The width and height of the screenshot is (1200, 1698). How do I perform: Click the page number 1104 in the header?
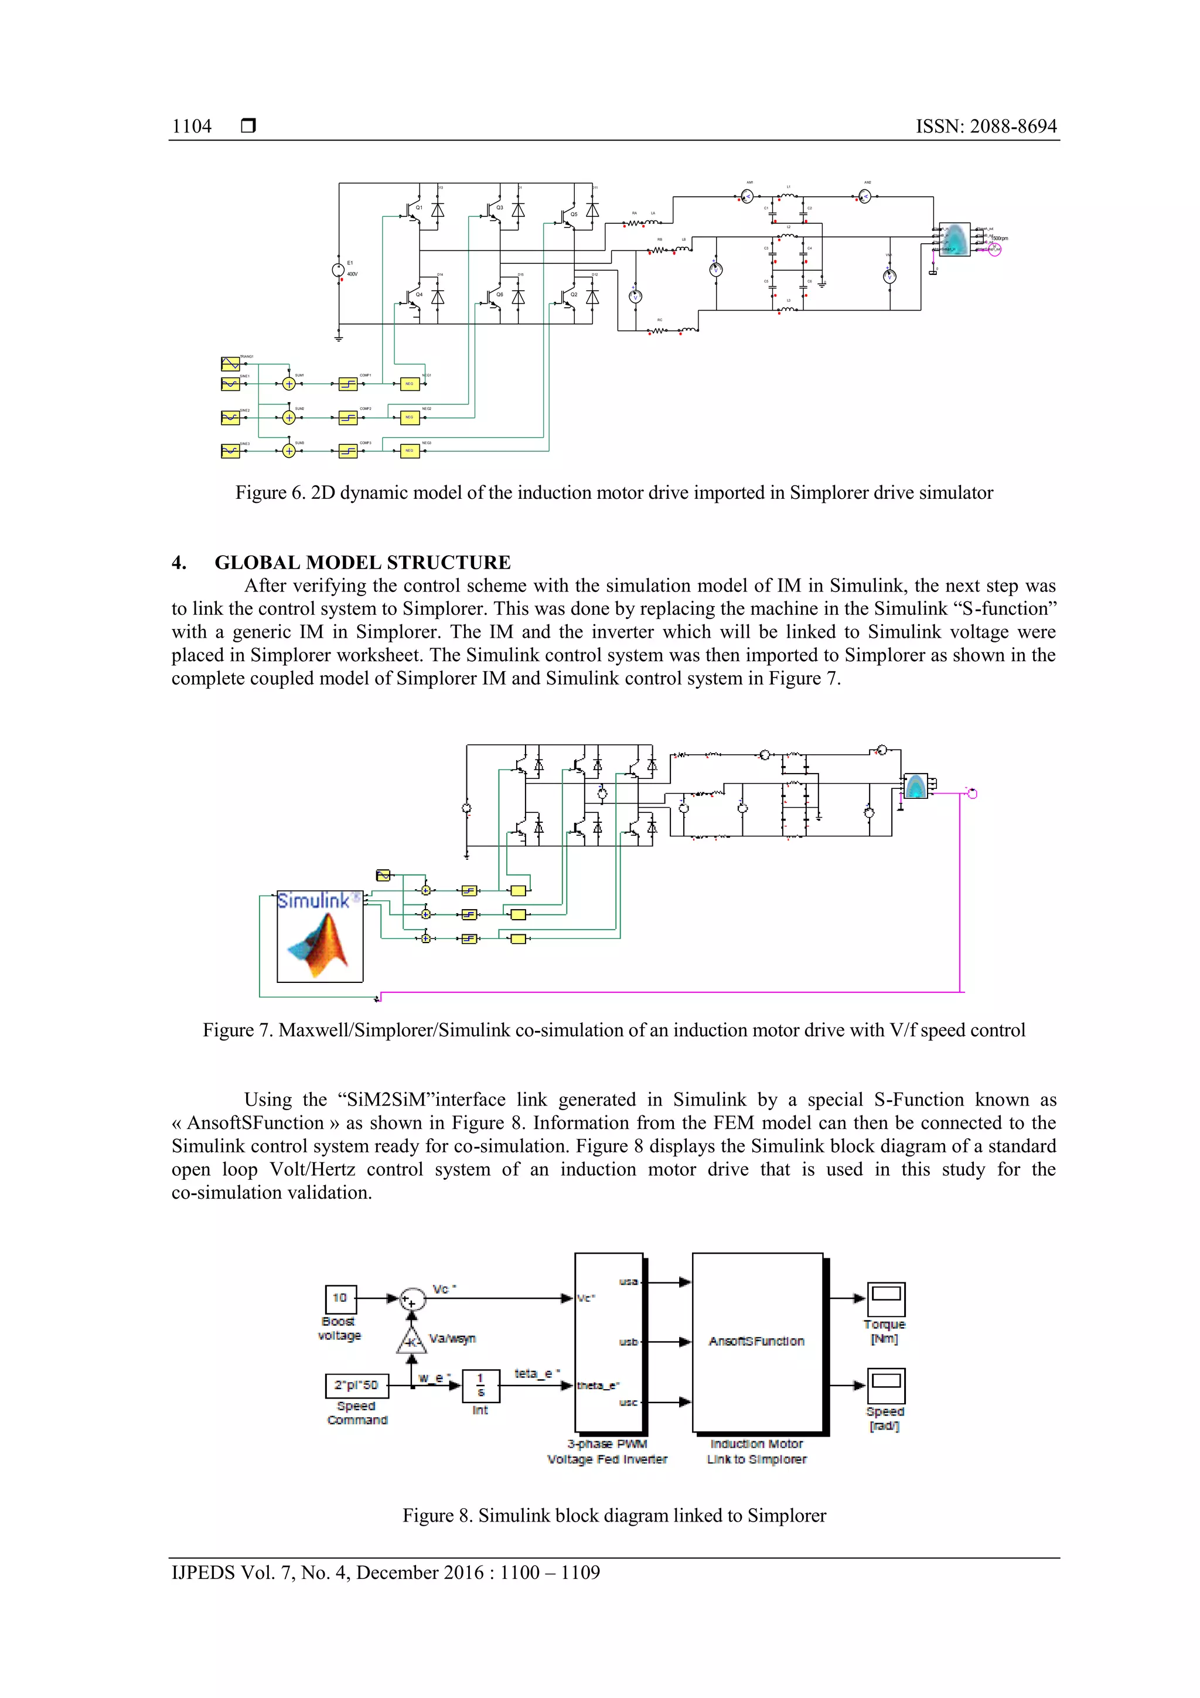click(x=192, y=127)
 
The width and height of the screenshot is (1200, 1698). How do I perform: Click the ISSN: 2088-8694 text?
click(x=986, y=127)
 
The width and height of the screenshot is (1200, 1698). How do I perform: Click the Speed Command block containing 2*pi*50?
click(x=356, y=1385)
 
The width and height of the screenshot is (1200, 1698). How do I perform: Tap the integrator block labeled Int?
click(x=480, y=1386)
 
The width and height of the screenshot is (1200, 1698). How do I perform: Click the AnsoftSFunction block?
click(x=757, y=1342)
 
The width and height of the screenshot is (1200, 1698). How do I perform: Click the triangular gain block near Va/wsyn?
click(x=412, y=1339)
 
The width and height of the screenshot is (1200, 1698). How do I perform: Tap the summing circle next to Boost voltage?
click(x=412, y=1299)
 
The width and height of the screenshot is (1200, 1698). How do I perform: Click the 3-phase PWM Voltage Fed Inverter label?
click(x=607, y=1452)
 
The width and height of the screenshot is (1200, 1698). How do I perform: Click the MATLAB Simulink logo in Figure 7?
click(x=320, y=937)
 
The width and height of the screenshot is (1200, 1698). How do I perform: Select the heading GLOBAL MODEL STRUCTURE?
click(x=362, y=563)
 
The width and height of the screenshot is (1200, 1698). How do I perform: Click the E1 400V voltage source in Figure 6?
click(x=339, y=271)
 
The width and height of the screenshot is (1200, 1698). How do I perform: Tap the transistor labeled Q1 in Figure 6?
click(x=411, y=210)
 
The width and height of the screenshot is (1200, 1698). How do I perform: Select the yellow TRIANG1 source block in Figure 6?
click(x=230, y=364)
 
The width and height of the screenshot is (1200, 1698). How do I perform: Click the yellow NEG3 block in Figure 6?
click(x=410, y=451)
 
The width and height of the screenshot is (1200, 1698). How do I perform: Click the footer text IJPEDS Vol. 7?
click(x=385, y=1573)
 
